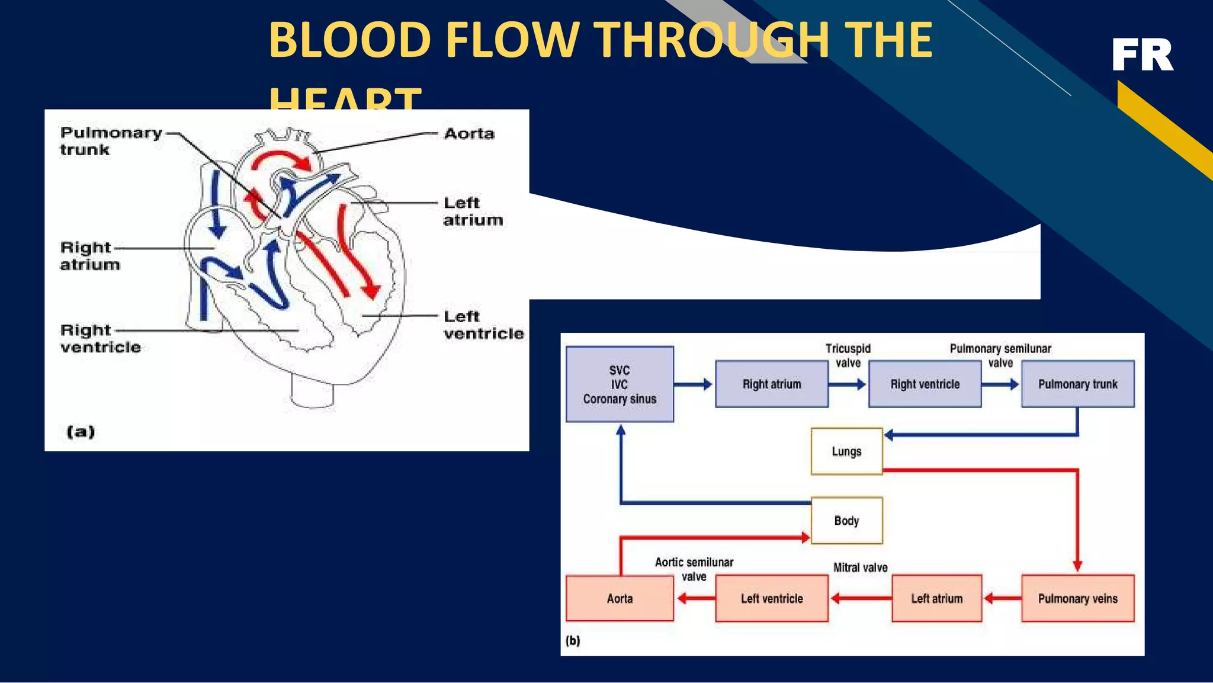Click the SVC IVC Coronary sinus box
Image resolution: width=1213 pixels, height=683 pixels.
pyautogui.click(x=620, y=384)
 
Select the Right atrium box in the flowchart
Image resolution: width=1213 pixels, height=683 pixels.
pyautogui.click(x=772, y=384)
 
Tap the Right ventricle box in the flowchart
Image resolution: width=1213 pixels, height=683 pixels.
pyautogui.click(x=925, y=384)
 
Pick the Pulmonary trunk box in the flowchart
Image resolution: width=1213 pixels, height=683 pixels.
pyautogui.click(x=1077, y=384)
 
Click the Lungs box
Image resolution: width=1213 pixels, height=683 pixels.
pyautogui.click(x=846, y=451)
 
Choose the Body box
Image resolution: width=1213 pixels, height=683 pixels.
pyautogui.click(x=846, y=521)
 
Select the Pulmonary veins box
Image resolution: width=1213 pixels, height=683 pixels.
pyautogui.click(x=1077, y=598)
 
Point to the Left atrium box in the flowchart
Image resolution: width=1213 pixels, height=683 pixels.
pyautogui.click(x=936, y=598)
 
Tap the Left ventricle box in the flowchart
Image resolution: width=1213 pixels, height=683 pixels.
pyautogui.click(x=772, y=598)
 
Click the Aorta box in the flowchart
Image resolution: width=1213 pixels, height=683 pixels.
pyautogui.click(x=620, y=598)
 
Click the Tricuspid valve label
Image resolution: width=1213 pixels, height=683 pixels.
pyautogui.click(x=848, y=355)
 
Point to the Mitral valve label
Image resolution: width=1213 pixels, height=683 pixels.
pyautogui.click(x=860, y=567)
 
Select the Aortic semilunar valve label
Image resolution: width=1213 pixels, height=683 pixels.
pyautogui.click(x=694, y=569)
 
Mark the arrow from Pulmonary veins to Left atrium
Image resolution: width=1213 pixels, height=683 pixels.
pyautogui.click(x=1002, y=598)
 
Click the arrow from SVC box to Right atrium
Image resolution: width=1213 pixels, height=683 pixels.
pyautogui.click(x=694, y=384)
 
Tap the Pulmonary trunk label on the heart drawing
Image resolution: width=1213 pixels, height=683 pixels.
pyautogui.click(x=110, y=141)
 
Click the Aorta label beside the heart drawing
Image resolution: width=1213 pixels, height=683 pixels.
pyautogui.click(x=469, y=134)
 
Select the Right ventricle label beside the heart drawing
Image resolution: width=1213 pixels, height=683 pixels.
pyautogui.click(x=100, y=338)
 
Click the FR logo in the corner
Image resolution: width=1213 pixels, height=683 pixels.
pyautogui.click(x=1142, y=55)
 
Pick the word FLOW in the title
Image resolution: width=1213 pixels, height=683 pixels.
pyautogui.click(x=512, y=40)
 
